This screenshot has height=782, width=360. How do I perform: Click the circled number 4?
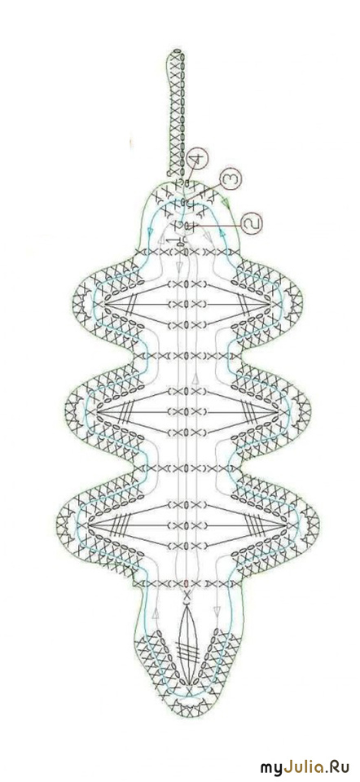pos(196,160)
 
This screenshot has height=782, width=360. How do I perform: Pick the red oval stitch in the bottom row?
pos(187,582)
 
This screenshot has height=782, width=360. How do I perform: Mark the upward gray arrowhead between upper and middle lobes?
pos(196,377)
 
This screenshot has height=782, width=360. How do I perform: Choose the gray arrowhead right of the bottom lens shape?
pos(217,612)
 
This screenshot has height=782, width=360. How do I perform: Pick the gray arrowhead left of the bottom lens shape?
pos(156,612)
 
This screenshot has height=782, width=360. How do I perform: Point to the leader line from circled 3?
pos(209,191)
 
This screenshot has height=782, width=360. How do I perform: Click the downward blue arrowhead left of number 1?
pos(151,230)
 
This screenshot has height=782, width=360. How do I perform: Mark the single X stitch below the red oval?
pos(187,595)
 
